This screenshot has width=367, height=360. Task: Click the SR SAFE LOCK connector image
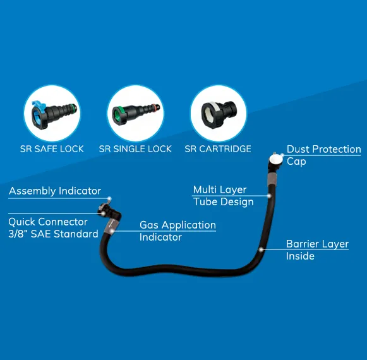(52, 113)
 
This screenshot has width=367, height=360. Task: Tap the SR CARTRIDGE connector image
(218, 113)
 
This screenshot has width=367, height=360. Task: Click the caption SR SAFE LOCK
(52, 149)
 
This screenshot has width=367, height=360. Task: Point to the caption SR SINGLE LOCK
(135, 149)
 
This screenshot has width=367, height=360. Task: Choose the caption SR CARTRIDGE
(218, 149)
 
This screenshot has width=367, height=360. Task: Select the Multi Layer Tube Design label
(223, 196)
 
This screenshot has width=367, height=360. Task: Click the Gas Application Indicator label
(177, 231)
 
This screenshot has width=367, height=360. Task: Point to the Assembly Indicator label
(55, 191)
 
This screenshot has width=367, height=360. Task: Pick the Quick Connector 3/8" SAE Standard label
(53, 228)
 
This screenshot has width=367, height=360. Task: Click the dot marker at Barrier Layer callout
(262, 250)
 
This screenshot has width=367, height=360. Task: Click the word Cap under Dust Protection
(296, 162)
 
